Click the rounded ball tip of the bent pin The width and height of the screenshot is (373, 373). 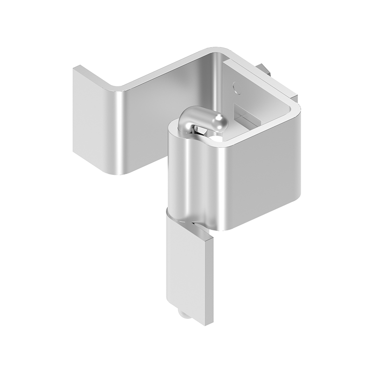(x=220, y=123)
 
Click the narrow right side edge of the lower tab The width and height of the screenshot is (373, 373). (x=209, y=280)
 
